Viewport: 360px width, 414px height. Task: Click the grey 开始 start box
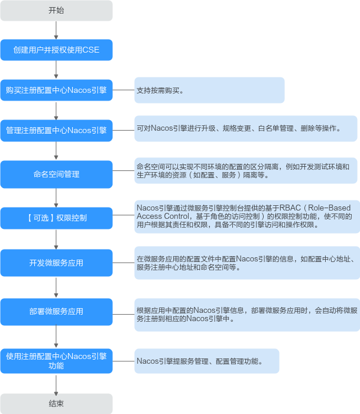56,11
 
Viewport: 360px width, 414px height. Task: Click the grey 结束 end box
56,403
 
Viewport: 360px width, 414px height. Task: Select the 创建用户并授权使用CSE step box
56,50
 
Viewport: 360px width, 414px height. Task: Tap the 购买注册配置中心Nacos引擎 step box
56,90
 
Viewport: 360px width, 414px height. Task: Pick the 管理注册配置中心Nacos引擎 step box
56,130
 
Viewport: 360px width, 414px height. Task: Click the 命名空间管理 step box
56,174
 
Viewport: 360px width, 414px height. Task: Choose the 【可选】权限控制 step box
56,218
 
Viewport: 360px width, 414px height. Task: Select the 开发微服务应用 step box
56,263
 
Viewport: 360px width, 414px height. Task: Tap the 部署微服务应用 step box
56,312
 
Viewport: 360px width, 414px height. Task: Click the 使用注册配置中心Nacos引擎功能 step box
56,361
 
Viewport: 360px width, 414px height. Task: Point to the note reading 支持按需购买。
209,90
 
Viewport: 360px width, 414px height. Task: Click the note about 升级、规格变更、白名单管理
245,128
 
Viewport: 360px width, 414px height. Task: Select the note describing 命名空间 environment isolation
245,171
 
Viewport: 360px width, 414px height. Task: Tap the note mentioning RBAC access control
245,216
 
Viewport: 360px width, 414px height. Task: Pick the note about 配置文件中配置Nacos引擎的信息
245,263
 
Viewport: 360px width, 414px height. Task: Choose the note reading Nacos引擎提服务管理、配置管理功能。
206,361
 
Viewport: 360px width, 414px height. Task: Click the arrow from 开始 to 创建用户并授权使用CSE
56,30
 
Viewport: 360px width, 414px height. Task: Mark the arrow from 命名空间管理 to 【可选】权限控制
56,198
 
